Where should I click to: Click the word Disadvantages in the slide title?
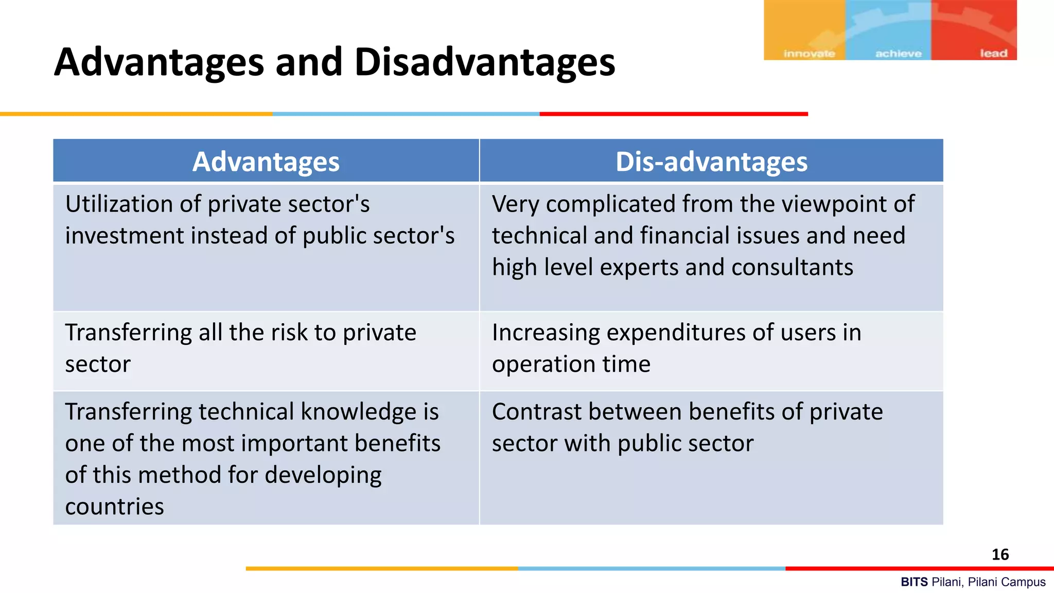[484, 63]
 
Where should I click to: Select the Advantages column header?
[266, 162]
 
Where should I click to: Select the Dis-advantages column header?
[711, 162]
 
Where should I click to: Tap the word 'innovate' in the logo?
[809, 54]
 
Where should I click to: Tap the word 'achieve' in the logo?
[898, 54]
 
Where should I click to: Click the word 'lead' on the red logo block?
[993, 54]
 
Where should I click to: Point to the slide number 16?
[1000, 554]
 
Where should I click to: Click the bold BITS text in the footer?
[914, 582]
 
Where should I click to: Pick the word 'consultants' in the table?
[792, 268]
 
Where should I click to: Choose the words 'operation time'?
[571, 364]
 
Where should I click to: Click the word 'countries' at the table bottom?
[114, 507]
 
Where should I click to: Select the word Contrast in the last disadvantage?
[535, 412]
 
